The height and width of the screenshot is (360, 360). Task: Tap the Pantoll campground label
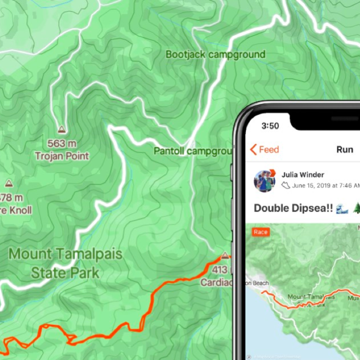coord(193,150)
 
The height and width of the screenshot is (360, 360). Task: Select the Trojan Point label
coord(62,156)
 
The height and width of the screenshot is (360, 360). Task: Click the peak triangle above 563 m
coord(61,129)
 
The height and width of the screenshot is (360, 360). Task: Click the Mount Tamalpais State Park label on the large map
coord(65,262)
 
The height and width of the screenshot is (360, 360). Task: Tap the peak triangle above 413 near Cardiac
coord(225,256)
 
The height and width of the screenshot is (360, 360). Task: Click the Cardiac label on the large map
coord(216,283)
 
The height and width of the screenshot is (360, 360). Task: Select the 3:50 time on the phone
coord(270,125)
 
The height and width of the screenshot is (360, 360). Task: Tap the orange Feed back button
coord(264,149)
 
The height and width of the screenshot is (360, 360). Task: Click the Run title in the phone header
coord(344,149)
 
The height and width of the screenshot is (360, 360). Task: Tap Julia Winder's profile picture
coord(264,180)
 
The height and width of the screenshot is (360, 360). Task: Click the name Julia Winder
coord(302,174)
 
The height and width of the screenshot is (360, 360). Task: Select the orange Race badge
coord(261,232)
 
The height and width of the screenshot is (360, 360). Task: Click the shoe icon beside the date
coord(285,185)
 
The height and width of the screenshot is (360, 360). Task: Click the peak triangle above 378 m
coord(8,183)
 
